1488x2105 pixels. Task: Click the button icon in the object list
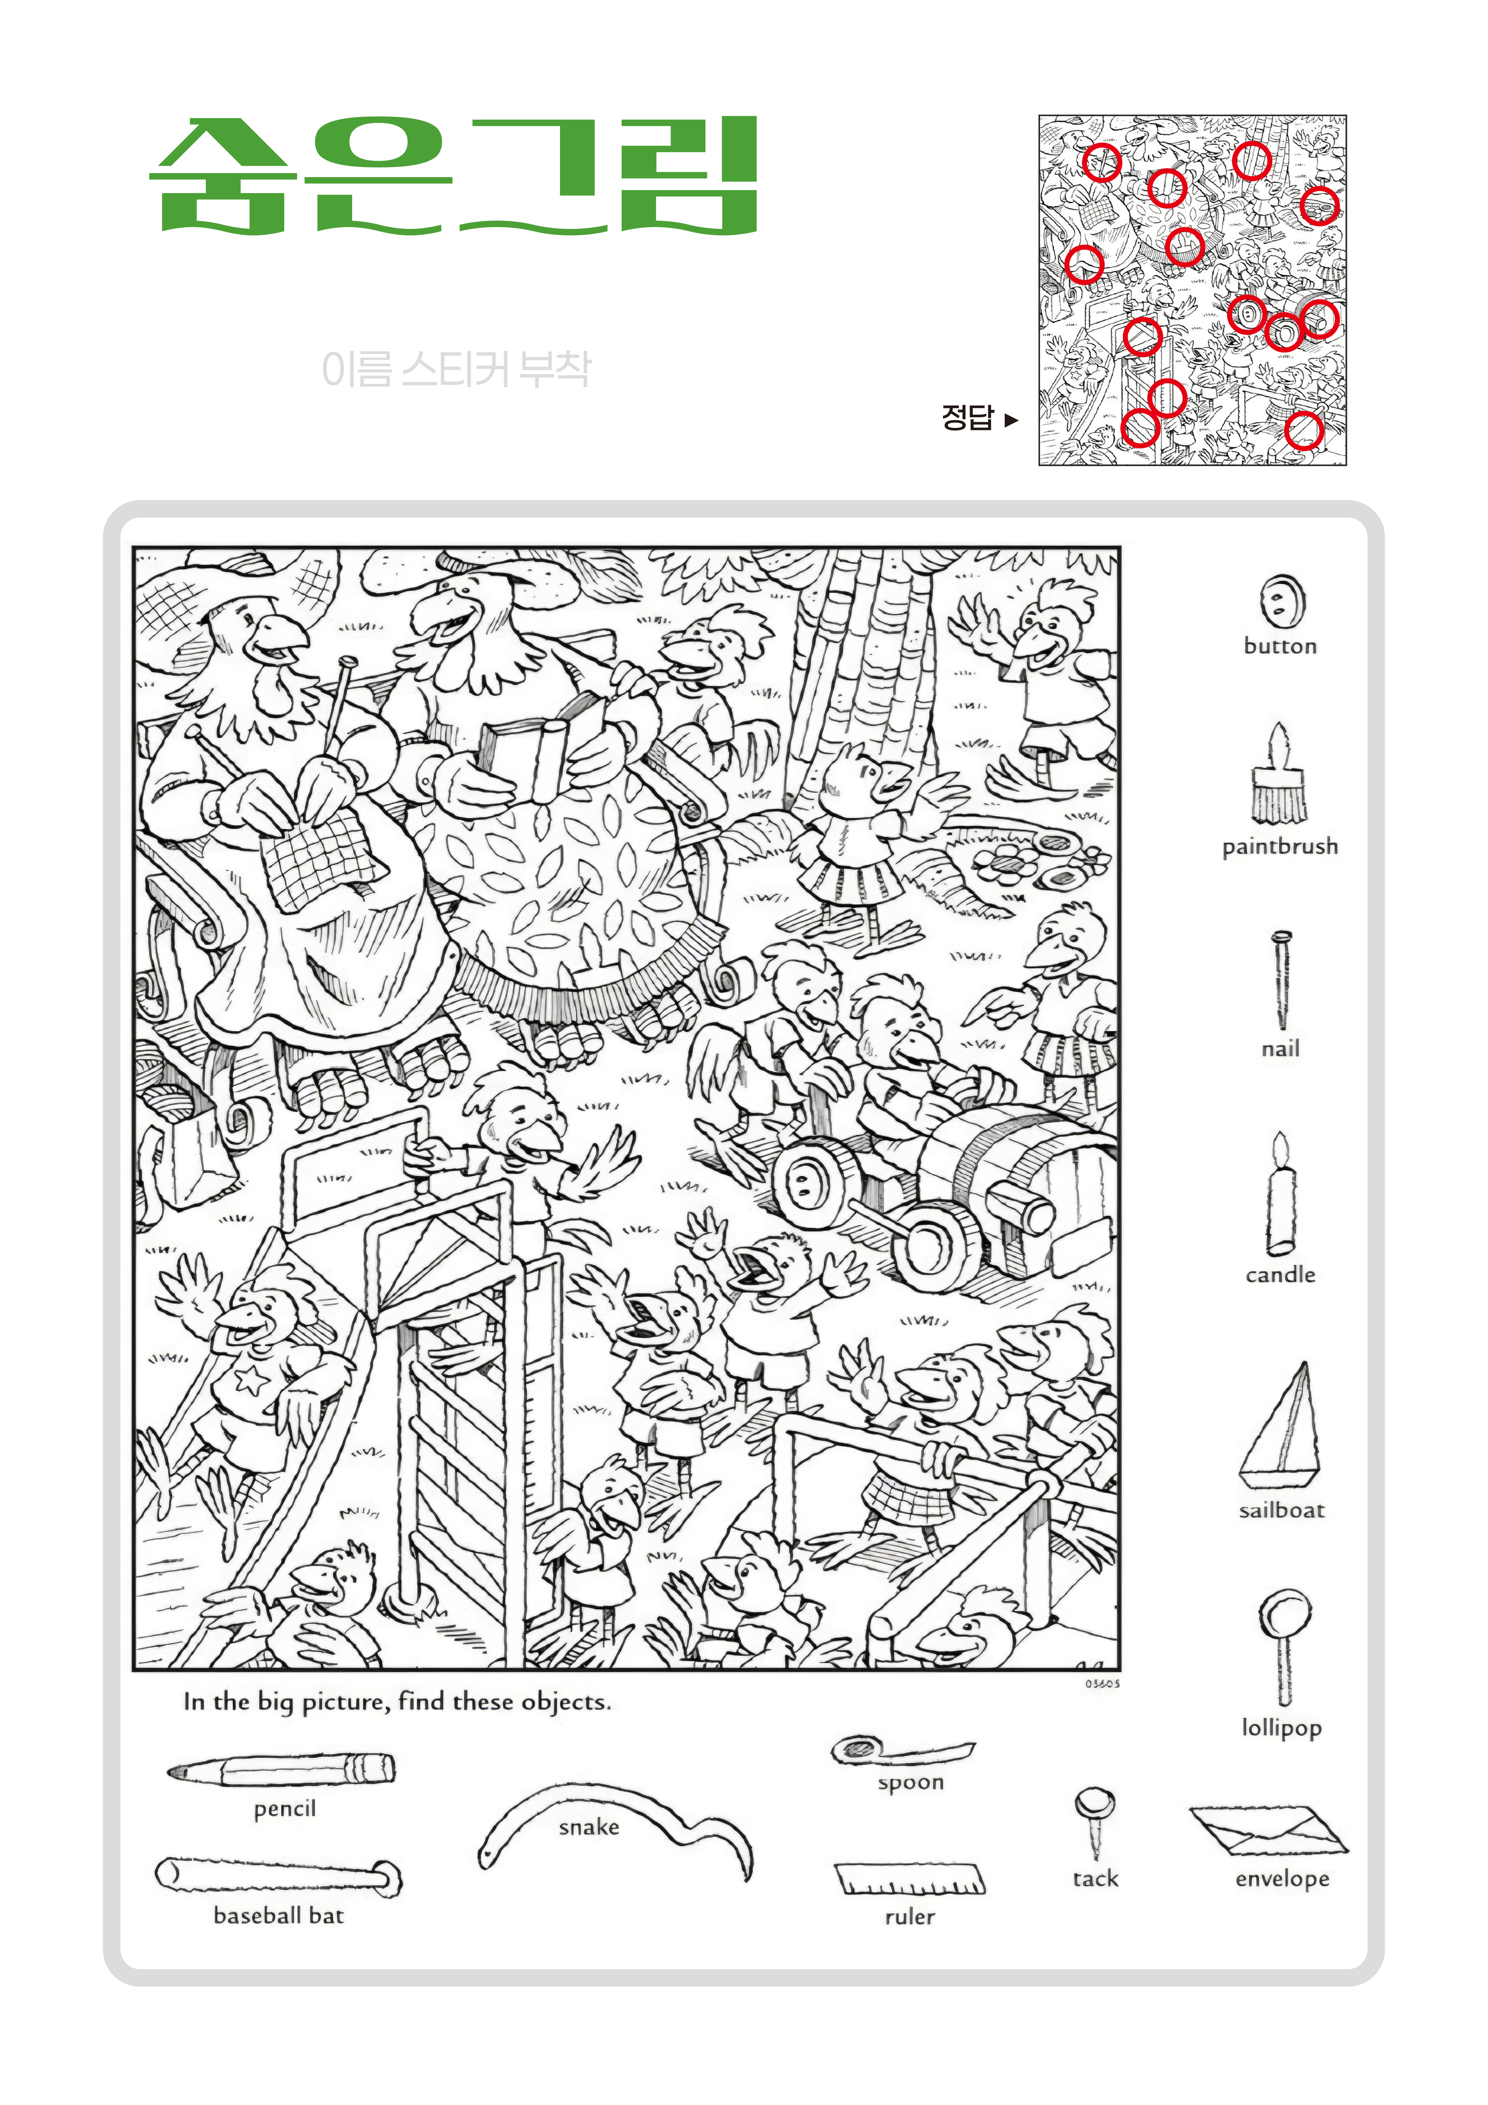point(1282,601)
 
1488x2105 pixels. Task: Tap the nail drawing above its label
point(1281,979)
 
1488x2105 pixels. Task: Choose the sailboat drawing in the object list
point(1281,1426)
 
